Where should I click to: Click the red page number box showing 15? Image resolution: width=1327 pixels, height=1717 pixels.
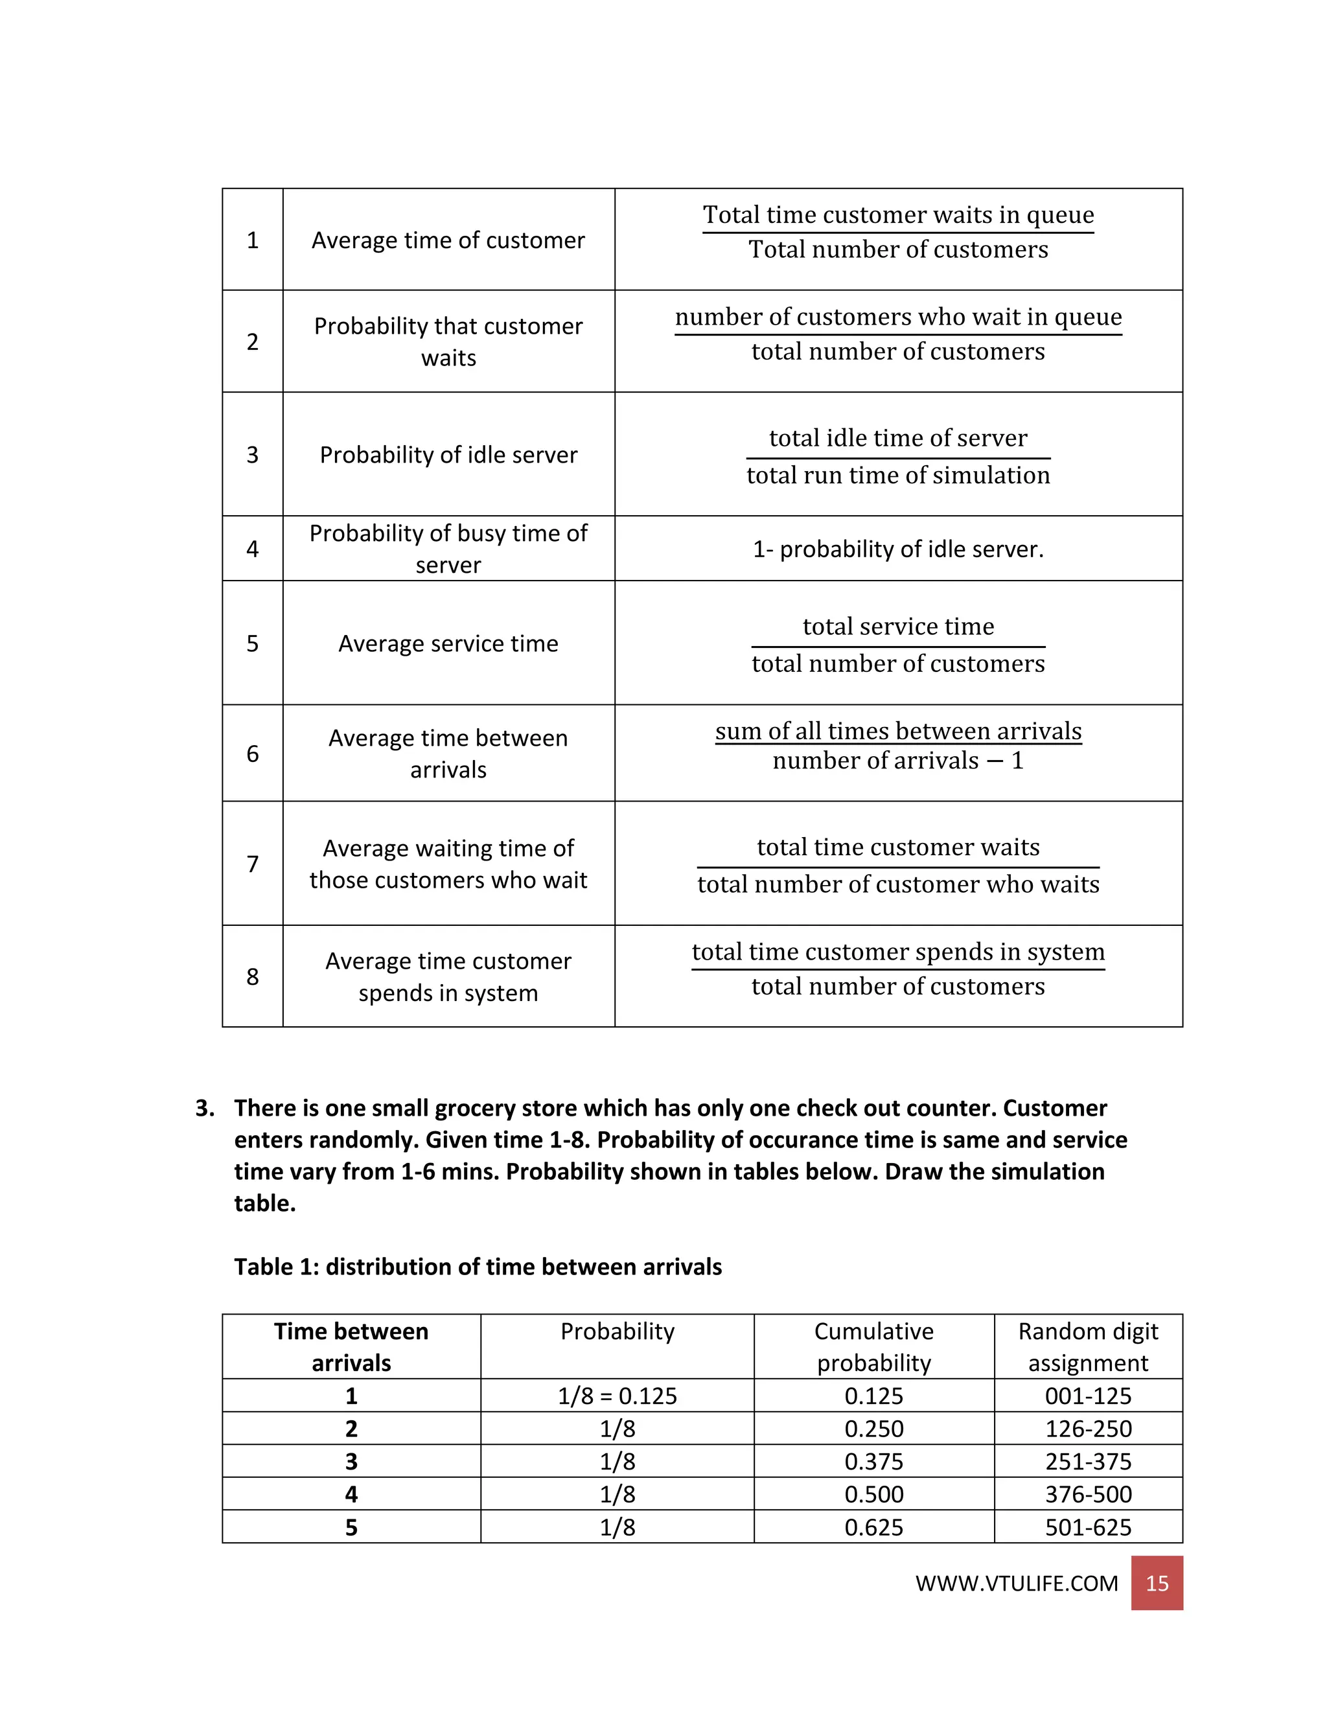[x=1157, y=1583]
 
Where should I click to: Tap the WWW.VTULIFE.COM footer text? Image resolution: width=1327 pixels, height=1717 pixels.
[x=1017, y=1583]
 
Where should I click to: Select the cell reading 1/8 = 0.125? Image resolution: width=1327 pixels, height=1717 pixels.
[x=617, y=1396]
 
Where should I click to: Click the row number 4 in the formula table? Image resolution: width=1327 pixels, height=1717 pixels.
[x=252, y=549]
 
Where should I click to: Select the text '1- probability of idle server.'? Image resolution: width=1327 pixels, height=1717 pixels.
[x=898, y=549]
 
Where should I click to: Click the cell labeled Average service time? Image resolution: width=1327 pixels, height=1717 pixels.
[x=448, y=643]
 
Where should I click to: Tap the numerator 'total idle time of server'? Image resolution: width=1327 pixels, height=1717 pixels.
[x=898, y=438]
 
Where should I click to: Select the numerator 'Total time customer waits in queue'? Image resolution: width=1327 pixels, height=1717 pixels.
[x=898, y=214]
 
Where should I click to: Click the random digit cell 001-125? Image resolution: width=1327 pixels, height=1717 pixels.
[x=1088, y=1396]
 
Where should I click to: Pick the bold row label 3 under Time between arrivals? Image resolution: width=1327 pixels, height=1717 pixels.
[x=351, y=1462]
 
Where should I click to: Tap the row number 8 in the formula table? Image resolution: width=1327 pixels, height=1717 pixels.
[x=252, y=976]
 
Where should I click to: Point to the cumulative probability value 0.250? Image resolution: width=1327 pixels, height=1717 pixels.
[x=873, y=1429]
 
